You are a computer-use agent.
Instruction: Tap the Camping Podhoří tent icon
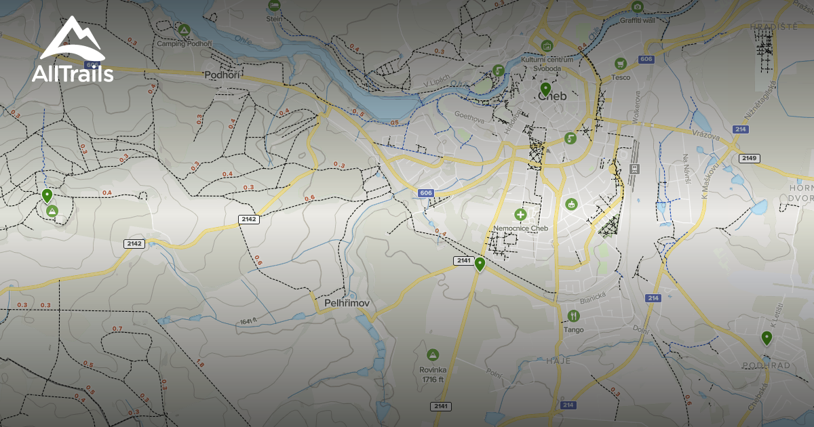(183, 30)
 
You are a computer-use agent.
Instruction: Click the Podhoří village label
(222, 75)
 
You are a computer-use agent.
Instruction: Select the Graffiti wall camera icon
(637, 7)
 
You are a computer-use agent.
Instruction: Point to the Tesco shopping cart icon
(619, 64)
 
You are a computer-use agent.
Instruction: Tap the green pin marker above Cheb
(545, 89)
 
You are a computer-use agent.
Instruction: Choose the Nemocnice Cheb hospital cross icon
(520, 215)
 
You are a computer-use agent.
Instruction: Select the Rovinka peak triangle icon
(432, 354)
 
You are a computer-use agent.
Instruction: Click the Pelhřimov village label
(347, 303)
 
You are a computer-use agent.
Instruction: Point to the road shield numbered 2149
(749, 159)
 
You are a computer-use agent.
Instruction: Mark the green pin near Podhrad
(767, 338)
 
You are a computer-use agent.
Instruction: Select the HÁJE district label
(559, 361)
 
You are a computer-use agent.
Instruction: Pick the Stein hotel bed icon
(274, 5)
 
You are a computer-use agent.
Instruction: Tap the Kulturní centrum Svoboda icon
(547, 46)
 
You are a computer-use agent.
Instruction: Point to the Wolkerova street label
(636, 105)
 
